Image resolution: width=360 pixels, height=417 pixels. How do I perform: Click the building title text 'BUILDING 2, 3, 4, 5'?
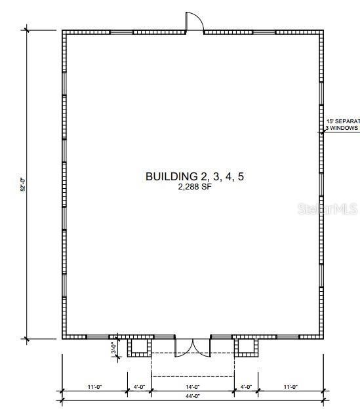coord(189,176)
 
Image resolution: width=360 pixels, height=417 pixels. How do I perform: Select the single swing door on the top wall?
coord(195,24)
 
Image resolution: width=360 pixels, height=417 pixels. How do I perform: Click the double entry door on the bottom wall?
coord(193,347)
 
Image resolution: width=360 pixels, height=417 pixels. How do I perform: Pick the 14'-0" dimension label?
coord(192,387)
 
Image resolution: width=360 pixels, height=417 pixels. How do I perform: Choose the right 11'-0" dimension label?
coord(290,387)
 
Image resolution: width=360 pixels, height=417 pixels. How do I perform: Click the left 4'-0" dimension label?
coord(139,387)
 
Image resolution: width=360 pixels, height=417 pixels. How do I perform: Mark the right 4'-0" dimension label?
coord(246,387)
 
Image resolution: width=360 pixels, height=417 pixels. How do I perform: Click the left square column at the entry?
coord(139,346)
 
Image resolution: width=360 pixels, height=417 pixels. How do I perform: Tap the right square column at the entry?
coord(246,346)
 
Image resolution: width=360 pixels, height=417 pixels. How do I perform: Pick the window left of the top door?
coord(121,31)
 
